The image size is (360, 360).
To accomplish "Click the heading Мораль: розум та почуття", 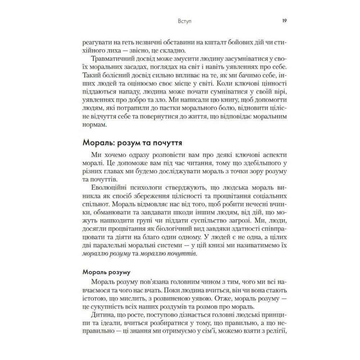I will click(132, 143).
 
